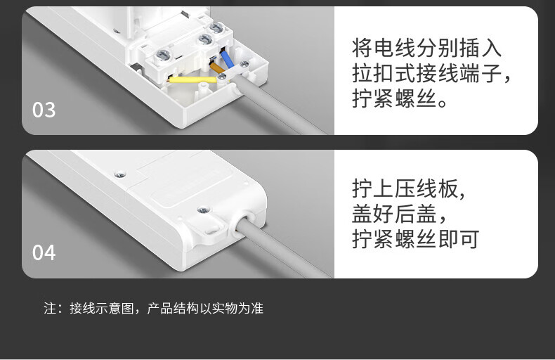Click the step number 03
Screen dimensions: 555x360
tap(44, 110)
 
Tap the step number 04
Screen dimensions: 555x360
tap(44, 252)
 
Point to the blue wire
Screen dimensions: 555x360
tap(227, 59)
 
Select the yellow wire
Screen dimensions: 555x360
tap(193, 79)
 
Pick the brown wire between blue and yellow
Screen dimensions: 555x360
tap(217, 67)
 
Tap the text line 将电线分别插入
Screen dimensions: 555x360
tap(426, 48)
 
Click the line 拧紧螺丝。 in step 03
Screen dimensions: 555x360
tap(400, 98)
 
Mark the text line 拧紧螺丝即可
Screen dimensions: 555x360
tap(416, 239)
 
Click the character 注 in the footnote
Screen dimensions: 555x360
tap(50, 308)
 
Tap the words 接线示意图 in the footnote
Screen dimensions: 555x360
tap(102, 308)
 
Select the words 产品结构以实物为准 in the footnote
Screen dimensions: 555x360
tap(205, 308)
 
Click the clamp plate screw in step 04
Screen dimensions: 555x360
tap(203, 210)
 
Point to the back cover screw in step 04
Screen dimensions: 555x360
tap(120, 174)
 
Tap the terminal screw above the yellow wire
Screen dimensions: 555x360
tap(163, 56)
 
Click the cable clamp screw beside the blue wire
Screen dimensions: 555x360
tap(244, 64)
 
